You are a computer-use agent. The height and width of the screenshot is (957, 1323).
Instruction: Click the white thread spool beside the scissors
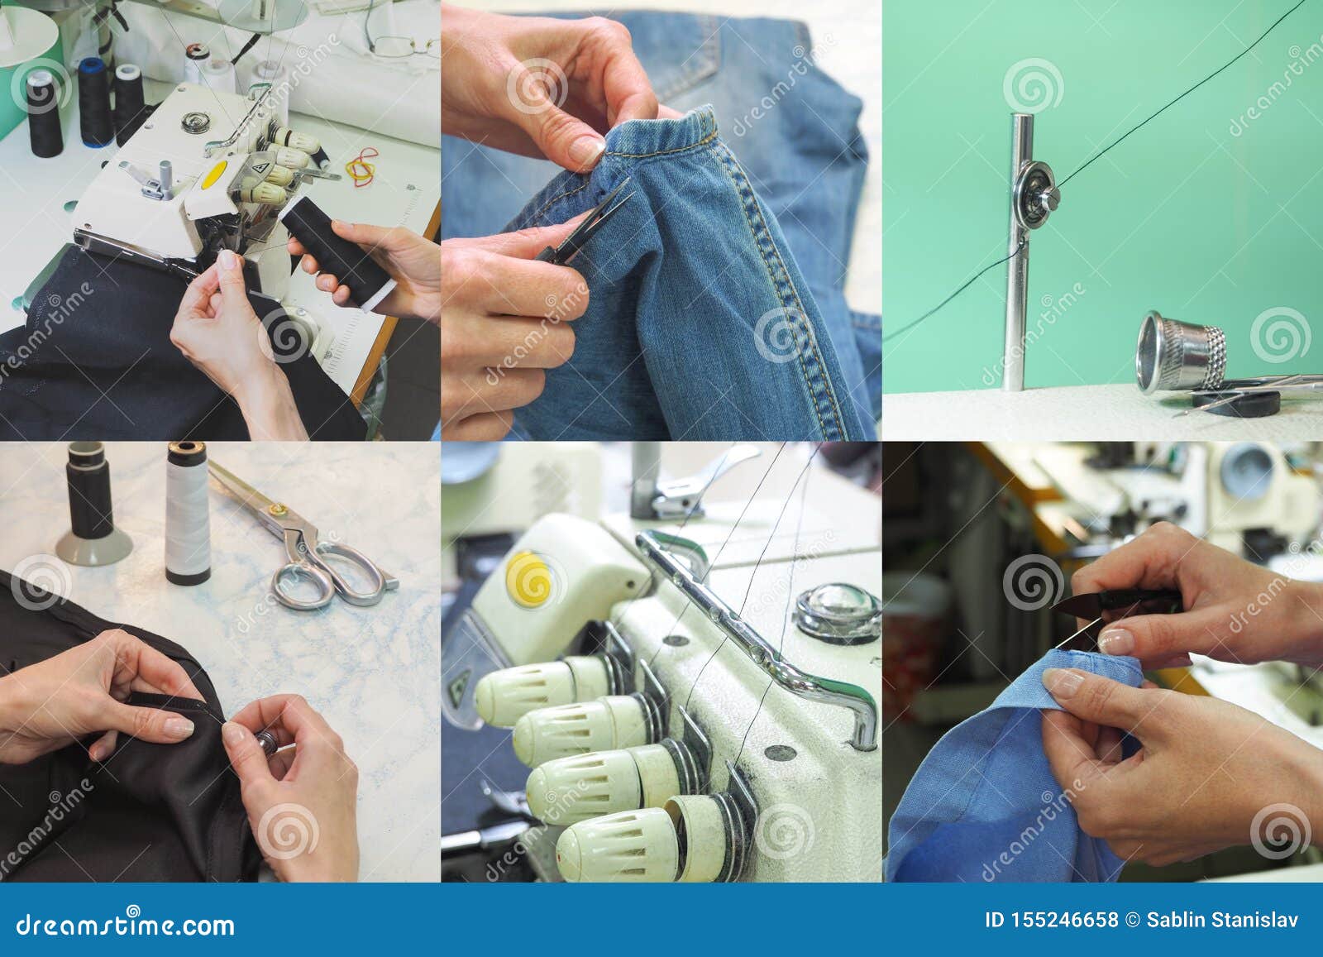click(x=187, y=515)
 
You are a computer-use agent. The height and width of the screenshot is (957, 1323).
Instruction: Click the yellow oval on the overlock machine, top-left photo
click(x=215, y=174)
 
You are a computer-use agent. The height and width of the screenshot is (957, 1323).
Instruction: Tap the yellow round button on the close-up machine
click(x=529, y=576)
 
